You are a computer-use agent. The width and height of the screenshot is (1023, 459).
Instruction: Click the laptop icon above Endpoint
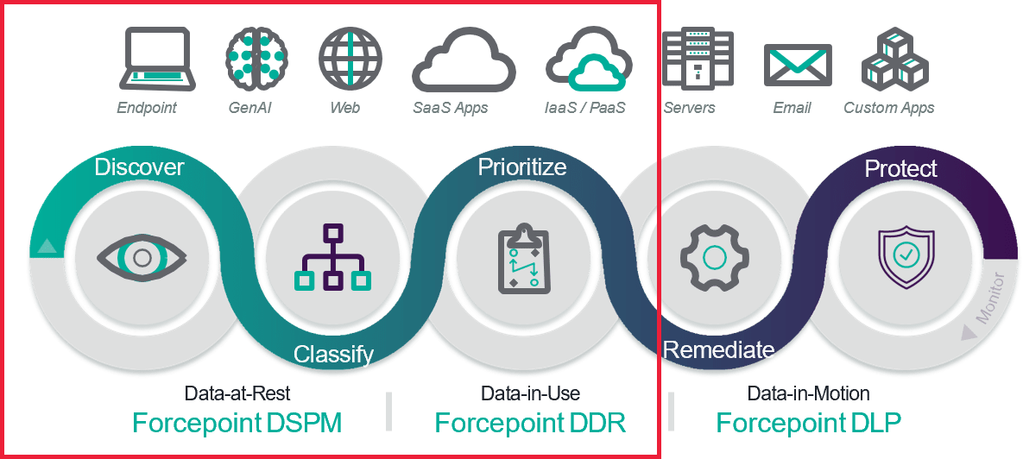coord(157,59)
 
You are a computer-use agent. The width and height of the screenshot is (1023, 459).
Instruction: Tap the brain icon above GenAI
coord(256,58)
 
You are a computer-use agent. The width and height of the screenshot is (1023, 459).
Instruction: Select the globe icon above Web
coord(350,58)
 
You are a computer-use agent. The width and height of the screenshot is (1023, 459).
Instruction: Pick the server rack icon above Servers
coord(698,59)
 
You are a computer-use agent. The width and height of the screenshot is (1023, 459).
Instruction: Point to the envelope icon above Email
coord(798,66)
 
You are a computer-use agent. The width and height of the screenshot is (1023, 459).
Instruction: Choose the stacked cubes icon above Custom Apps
coord(894,59)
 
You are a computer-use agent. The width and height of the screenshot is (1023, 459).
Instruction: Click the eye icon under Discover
coord(142,257)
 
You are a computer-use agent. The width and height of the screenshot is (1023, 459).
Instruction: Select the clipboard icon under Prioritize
coord(524,258)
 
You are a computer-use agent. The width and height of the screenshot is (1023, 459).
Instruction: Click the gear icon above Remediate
coord(715,257)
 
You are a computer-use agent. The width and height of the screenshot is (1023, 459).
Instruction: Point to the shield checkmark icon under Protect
coord(906,257)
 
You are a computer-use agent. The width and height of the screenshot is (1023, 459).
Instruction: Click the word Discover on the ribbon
coord(139,167)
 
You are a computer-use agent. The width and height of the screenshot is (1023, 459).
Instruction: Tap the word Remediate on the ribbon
coord(718,350)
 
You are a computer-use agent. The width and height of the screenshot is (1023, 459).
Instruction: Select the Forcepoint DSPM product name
coord(237,423)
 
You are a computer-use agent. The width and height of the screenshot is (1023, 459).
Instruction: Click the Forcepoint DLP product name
coord(808,423)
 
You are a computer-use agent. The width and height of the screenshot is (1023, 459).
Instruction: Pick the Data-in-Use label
coord(530,393)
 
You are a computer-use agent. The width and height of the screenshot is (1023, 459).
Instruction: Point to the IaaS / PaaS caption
coord(585,108)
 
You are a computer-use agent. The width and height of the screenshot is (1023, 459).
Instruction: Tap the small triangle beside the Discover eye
coord(46,245)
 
